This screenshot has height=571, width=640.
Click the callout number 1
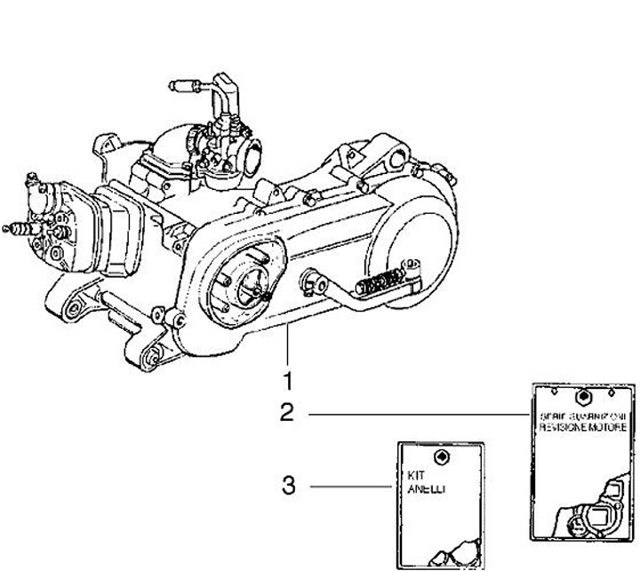tap(287, 381)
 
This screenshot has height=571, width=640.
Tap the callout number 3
tap(287, 486)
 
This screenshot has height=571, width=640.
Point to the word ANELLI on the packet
tap(410, 488)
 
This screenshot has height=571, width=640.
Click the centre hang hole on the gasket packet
tap(583, 397)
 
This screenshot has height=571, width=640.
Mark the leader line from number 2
tap(418, 415)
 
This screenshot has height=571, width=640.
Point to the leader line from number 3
tap(351, 486)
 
